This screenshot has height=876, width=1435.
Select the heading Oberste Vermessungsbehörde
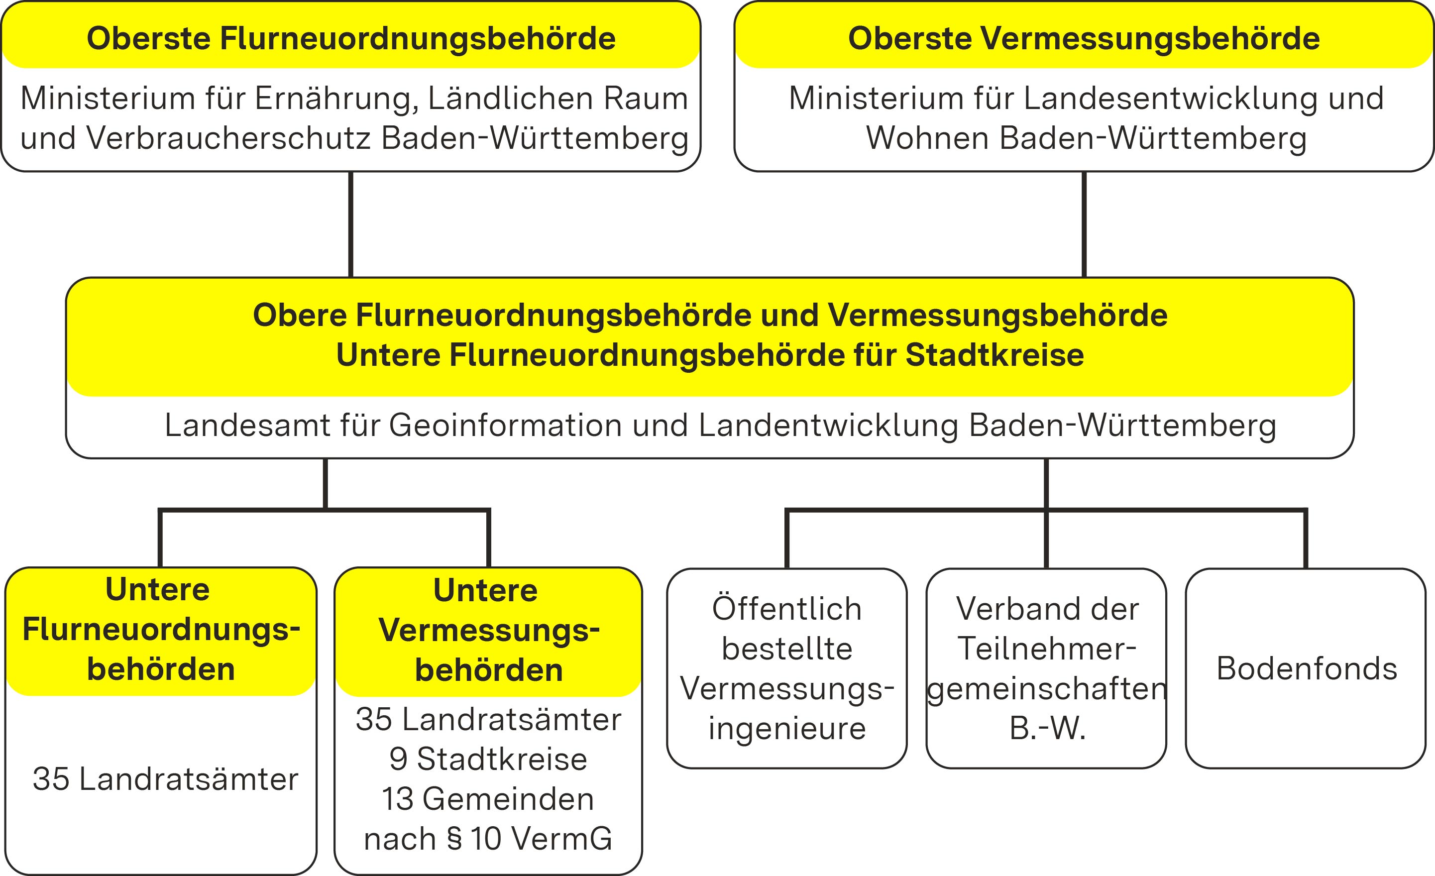pyautogui.click(x=1083, y=38)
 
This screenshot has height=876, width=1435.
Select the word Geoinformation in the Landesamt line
pyautogui.click(x=506, y=425)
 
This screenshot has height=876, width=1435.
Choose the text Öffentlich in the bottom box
pyautogui.click(x=787, y=609)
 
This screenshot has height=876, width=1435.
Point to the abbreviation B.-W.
pyautogui.click(x=1047, y=728)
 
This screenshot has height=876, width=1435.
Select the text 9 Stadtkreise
pyautogui.click(x=488, y=759)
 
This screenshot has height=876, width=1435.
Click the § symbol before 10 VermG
pyautogui.click(x=454, y=839)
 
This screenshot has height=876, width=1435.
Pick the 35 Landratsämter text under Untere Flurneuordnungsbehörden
pyautogui.click(x=165, y=779)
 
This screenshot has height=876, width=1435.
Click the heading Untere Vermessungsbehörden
pyautogui.click(x=488, y=630)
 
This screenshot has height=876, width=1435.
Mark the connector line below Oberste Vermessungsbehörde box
pyautogui.click(x=1084, y=224)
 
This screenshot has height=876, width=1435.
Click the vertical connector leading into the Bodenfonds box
pyautogui.click(x=1305, y=539)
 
